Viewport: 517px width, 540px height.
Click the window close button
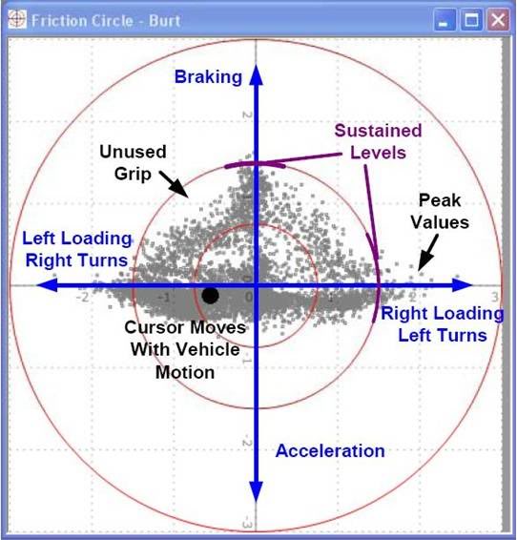point(498,20)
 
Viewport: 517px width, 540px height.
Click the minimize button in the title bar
point(445,20)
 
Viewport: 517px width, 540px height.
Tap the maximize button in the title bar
point(471,20)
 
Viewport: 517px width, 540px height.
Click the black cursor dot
point(210,295)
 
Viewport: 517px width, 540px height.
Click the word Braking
point(208,76)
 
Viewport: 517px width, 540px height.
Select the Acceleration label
point(330,451)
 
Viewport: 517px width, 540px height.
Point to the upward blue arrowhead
point(256,74)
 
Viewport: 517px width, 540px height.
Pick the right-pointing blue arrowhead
point(463,285)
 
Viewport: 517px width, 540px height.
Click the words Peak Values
point(440,211)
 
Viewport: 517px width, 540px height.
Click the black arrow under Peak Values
point(428,253)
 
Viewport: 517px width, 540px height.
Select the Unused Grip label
point(133,162)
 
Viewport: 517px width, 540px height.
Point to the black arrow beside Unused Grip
point(175,184)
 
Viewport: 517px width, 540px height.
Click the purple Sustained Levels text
point(378,141)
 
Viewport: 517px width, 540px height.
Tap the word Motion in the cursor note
point(185,372)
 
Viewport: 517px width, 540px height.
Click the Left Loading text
point(76,239)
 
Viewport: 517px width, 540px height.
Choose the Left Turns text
point(443,335)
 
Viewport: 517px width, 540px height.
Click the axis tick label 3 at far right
point(495,297)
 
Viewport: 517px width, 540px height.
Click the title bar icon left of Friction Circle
point(17,19)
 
